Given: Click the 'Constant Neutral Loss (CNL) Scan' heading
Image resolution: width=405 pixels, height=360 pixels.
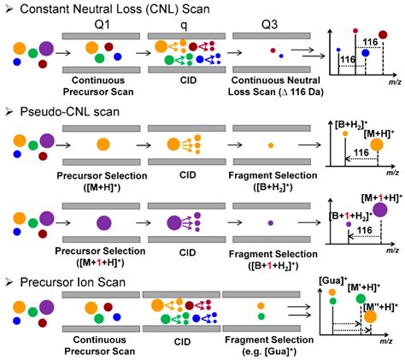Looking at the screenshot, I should coord(112,9).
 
